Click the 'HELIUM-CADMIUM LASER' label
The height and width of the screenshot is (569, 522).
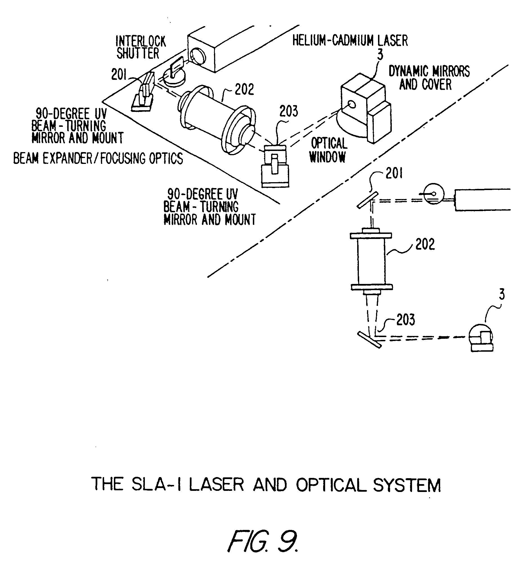350,41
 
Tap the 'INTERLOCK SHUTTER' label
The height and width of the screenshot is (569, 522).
141,48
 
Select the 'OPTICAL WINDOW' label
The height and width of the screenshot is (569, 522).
328,150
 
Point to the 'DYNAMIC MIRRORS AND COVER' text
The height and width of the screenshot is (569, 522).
429,78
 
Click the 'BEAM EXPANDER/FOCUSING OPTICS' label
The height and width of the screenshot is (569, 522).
98,159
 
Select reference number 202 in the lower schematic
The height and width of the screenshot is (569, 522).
425,244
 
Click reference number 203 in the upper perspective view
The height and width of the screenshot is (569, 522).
289,111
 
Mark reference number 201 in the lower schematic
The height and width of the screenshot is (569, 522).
394,173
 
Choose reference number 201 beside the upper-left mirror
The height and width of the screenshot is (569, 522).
119,74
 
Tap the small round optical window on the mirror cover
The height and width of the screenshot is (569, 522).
352,105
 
